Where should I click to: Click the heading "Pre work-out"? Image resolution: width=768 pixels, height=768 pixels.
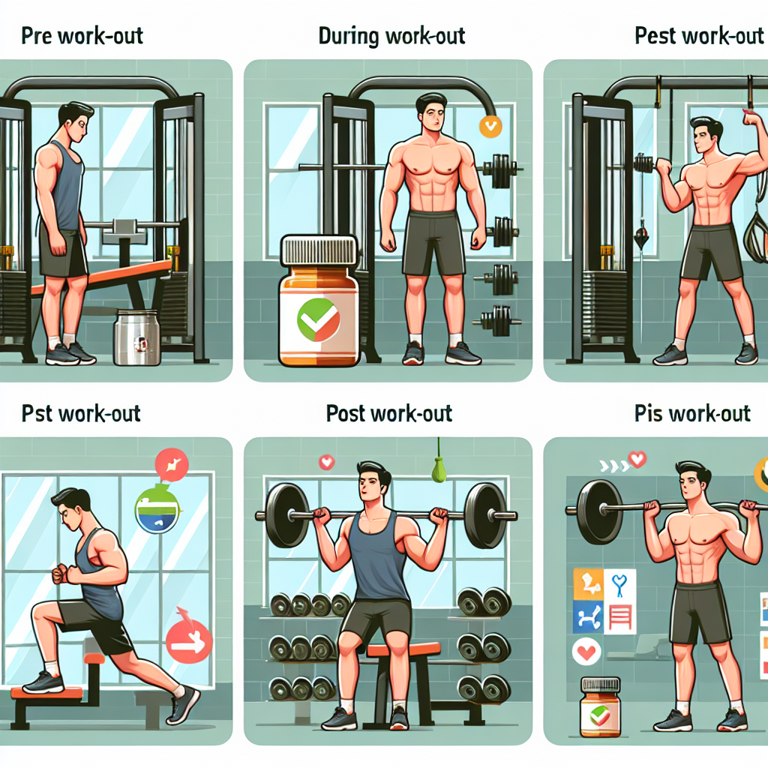coord(82,36)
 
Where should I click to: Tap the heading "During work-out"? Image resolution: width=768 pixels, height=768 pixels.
coord(391,36)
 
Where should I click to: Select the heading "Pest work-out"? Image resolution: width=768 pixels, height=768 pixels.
coord(699,36)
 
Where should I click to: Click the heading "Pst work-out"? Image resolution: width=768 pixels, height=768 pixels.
coord(81,413)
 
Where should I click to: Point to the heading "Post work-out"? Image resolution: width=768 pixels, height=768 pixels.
coord(389,413)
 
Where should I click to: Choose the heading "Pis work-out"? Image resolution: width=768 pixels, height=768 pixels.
coord(692,413)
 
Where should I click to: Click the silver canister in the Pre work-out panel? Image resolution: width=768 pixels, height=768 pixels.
coord(136,337)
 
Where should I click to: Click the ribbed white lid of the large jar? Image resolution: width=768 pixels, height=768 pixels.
coord(318,250)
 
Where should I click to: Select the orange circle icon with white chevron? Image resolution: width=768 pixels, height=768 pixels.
coord(490,126)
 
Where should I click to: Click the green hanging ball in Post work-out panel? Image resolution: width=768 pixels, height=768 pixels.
coord(438,469)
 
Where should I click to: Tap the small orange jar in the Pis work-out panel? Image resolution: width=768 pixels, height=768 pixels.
coord(600,706)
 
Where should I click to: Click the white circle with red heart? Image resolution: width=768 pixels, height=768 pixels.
coord(586,652)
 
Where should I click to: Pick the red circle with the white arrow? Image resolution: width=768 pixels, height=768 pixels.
coord(189,640)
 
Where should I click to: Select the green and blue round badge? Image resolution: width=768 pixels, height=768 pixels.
coord(157,509)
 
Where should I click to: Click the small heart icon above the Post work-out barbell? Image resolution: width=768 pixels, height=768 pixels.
coord(327,462)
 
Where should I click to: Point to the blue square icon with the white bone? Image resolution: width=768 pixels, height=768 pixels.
coord(588,616)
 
